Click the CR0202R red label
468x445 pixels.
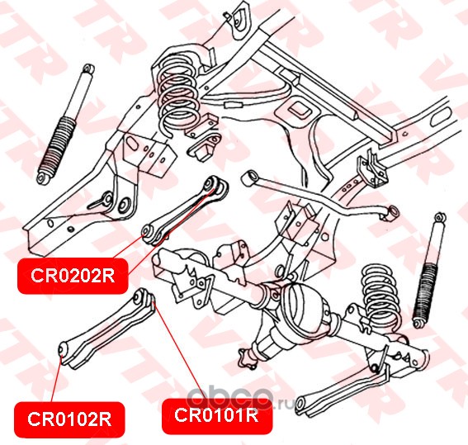click(73, 276)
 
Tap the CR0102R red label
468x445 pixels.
click(69, 419)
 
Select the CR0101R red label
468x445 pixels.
click(217, 415)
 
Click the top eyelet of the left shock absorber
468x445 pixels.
click(88, 69)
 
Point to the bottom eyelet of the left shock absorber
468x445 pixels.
click(44, 178)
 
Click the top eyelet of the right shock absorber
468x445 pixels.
click(440, 217)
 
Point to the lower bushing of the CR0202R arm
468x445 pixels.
click(147, 231)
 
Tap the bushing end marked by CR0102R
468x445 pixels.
click(62, 349)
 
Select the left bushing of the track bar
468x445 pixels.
click(248, 177)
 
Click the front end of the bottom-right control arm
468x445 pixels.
click(301, 404)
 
